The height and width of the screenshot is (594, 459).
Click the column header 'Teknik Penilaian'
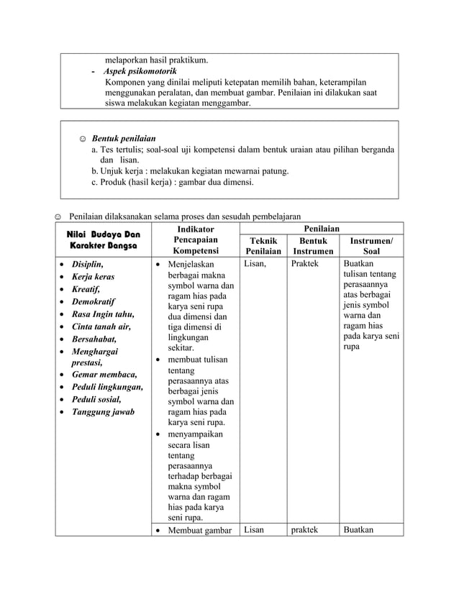pos(263,246)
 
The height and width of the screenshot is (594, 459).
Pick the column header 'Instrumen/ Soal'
pos(371,246)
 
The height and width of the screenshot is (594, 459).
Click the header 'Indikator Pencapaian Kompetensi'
pos(195,240)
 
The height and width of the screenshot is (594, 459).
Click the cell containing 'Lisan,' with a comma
pos(255,265)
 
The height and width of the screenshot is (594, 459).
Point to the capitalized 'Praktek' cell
pos(304,265)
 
